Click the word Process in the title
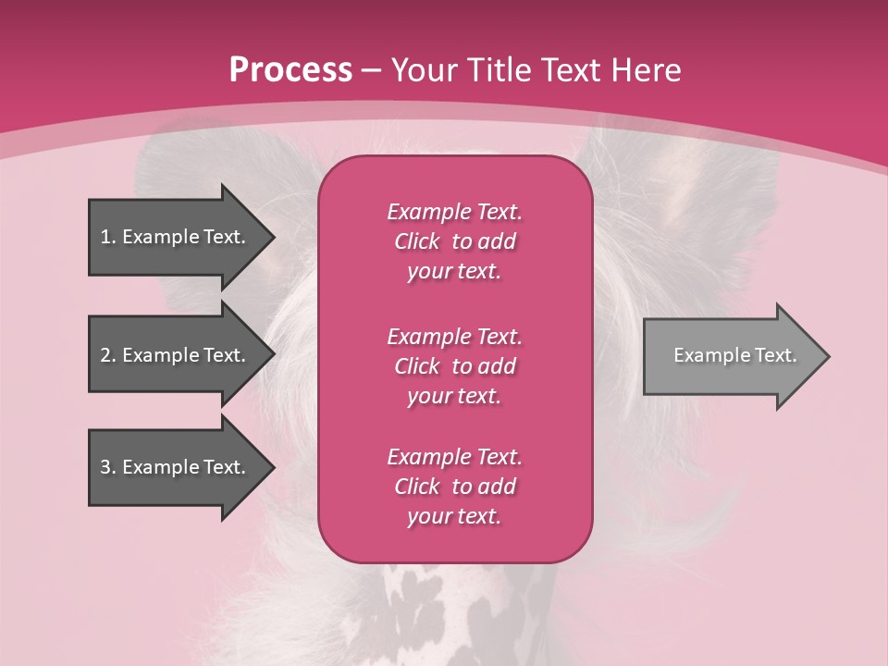290,70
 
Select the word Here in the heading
645,70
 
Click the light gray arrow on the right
731,356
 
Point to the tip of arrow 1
271,237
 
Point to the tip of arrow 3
271,467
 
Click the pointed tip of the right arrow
826,356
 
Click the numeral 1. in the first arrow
107,237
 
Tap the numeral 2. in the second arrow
107,355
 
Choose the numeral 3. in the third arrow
107,467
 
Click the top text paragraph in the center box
454,241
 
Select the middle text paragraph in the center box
454,366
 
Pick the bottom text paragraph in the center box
454,487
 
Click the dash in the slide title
371,70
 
